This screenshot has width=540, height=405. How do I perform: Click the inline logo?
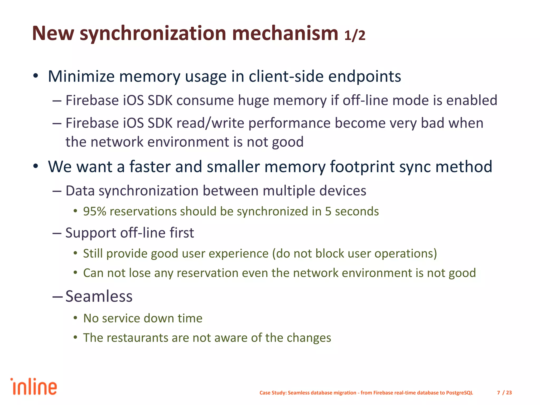pyautogui.click(x=34, y=387)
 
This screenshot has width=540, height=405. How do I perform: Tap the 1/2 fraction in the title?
pyautogui.click(x=355, y=35)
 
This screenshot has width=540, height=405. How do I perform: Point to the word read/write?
pyautogui.click(x=210, y=123)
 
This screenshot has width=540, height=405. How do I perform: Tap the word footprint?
pyautogui.click(x=362, y=167)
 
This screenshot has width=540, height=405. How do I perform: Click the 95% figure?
pyautogui.click(x=94, y=211)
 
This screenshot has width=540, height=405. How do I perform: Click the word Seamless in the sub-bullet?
pyautogui.click(x=99, y=296)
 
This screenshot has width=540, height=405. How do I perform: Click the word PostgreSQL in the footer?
pyautogui.click(x=459, y=393)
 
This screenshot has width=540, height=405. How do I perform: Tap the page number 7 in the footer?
pyautogui.click(x=498, y=393)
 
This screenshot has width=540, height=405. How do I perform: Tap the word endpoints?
pyautogui.click(x=365, y=76)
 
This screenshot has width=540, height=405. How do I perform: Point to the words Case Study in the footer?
pyautogui.click(x=273, y=393)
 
